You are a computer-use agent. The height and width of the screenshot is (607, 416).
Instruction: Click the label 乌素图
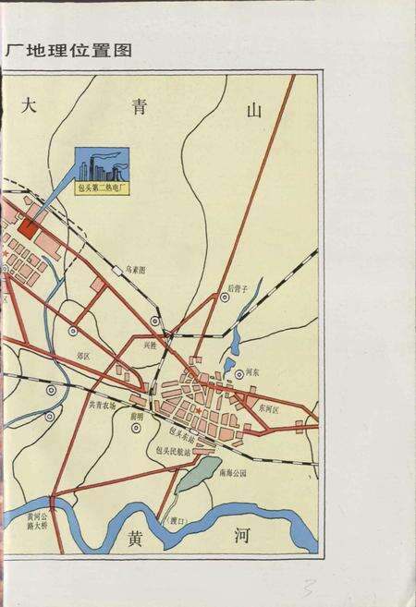click(x=137, y=271)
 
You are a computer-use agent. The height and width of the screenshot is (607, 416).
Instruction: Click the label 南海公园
click(x=235, y=471)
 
